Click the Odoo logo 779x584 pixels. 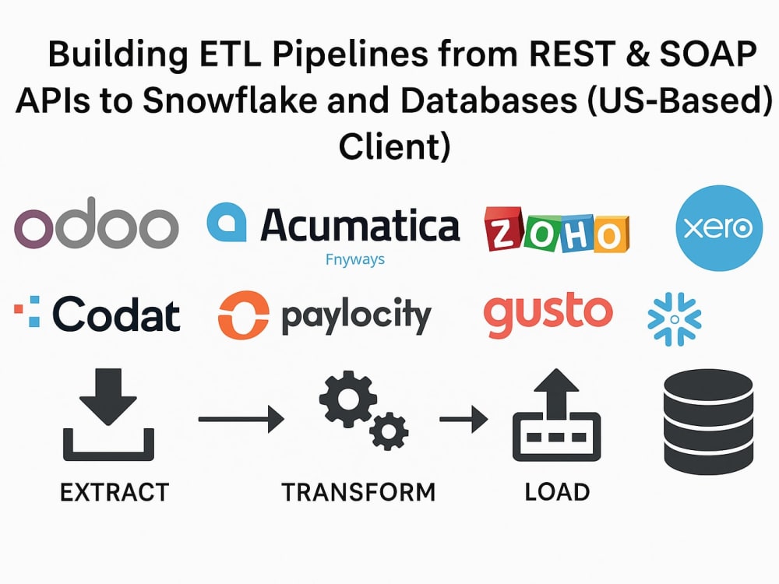(96, 223)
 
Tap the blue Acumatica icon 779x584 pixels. (227, 222)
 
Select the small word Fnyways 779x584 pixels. (354, 259)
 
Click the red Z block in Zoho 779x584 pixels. (503, 230)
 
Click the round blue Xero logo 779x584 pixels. (719, 228)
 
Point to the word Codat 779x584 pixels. (116, 315)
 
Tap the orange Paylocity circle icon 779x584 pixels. (243, 315)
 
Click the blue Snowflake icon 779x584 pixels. (674, 318)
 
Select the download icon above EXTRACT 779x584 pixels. (108, 414)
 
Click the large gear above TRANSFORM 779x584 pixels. (347, 399)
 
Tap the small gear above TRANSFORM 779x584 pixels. (389, 431)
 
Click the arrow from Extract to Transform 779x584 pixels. (241, 419)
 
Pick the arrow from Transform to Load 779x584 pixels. (464, 419)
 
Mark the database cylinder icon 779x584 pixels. (708, 421)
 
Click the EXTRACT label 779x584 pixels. (115, 493)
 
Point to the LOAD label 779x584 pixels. (558, 492)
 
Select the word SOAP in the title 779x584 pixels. (708, 54)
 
